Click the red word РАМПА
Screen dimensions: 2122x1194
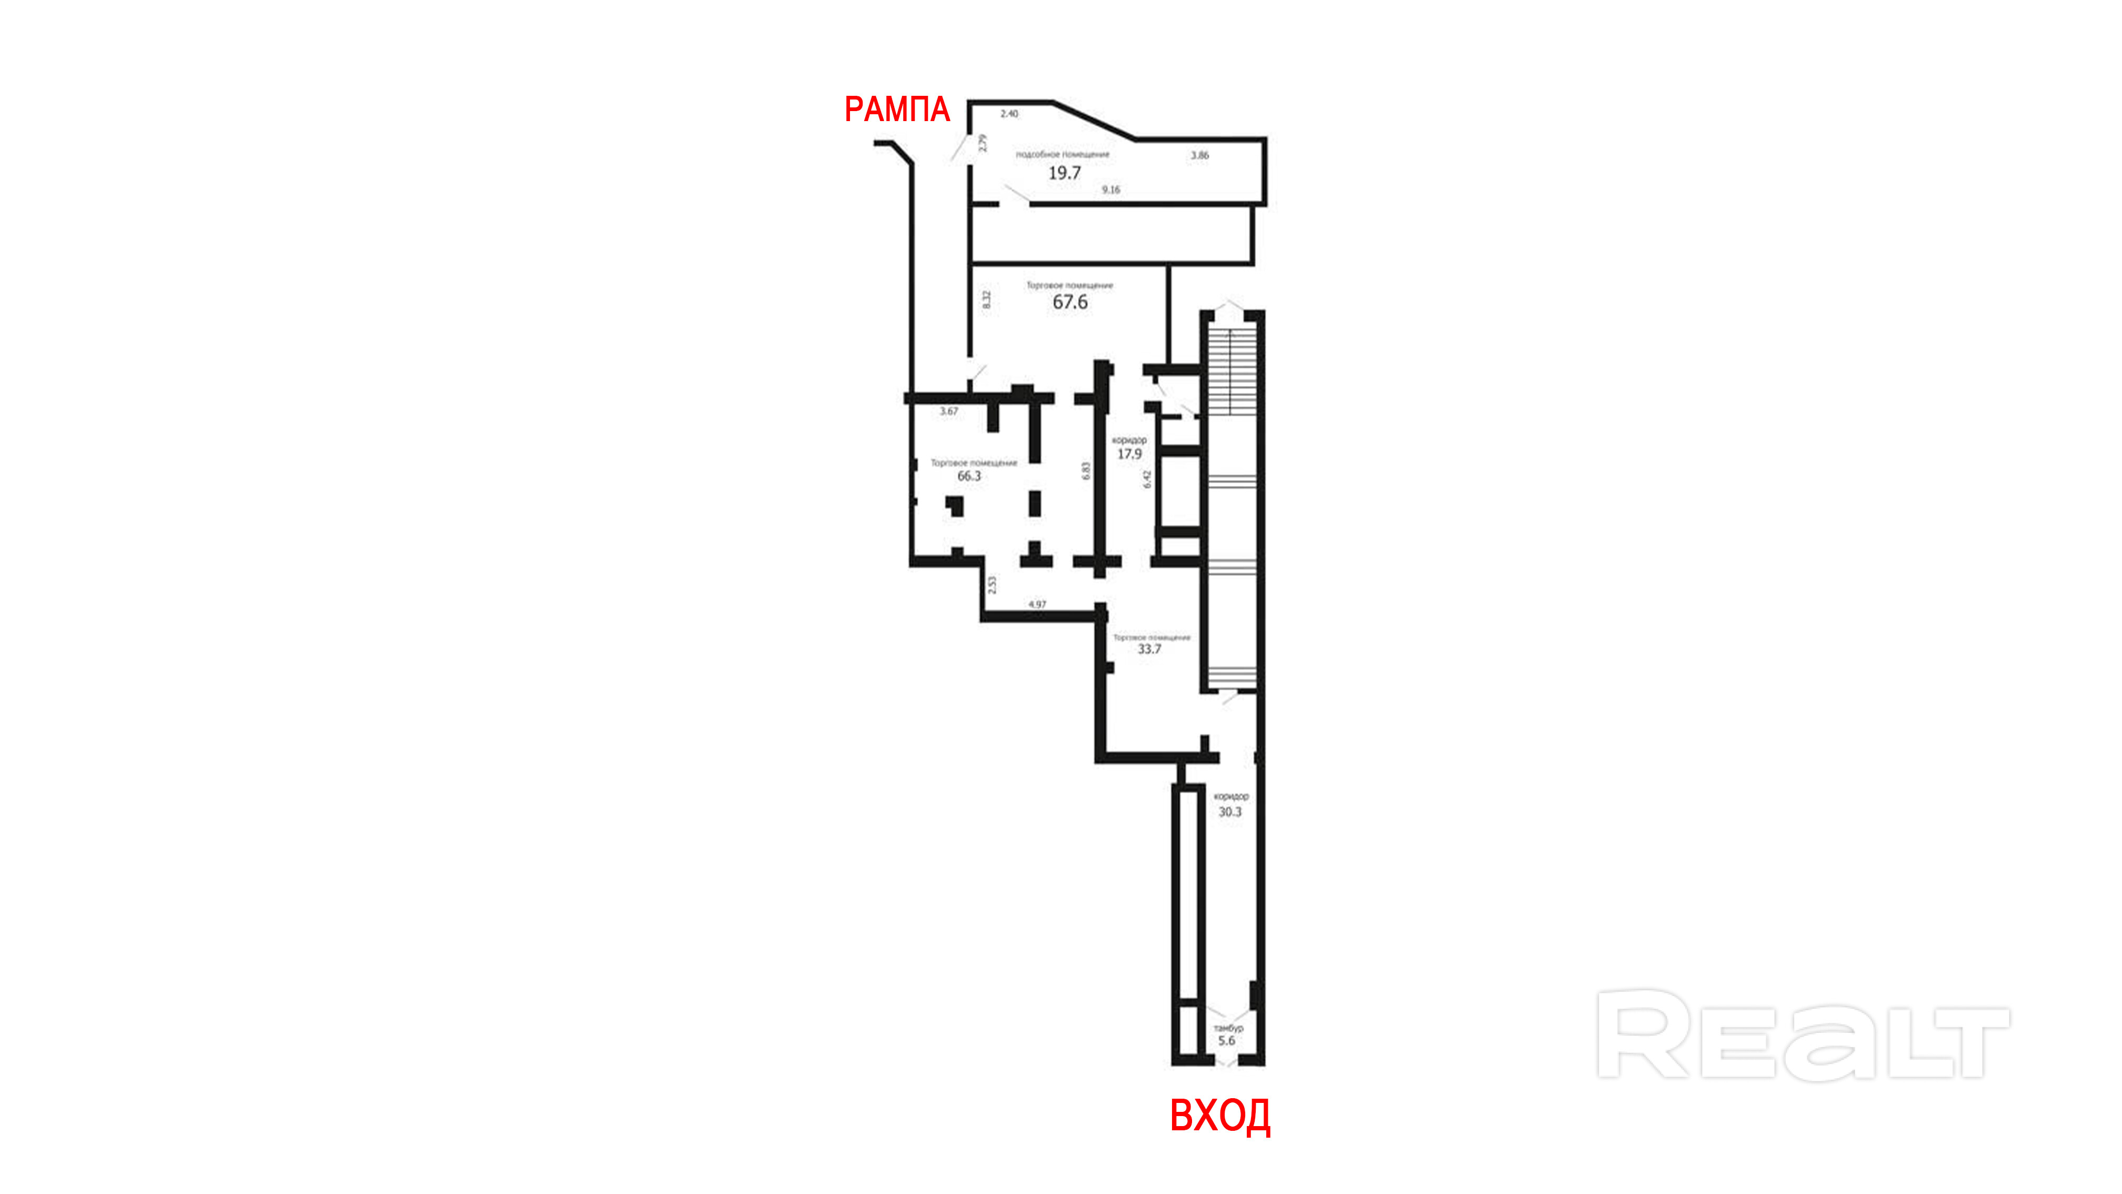click(x=897, y=110)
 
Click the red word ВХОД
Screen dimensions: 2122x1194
click(x=1220, y=1117)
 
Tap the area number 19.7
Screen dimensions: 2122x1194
click(x=1064, y=173)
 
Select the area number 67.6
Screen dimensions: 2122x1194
click(x=1070, y=302)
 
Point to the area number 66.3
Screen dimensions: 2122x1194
click(x=969, y=476)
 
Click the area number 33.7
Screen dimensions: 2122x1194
click(x=1149, y=649)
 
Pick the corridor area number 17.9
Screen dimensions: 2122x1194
click(x=1129, y=454)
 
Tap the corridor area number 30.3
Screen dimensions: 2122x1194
click(x=1230, y=812)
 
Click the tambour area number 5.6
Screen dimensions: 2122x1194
click(x=1227, y=1041)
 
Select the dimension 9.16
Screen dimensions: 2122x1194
click(x=1111, y=190)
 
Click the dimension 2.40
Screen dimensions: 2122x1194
click(x=1009, y=114)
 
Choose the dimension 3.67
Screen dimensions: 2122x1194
click(x=949, y=411)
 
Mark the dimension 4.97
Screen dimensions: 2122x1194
click(x=1037, y=604)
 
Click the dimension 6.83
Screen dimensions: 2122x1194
click(x=1086, y=471)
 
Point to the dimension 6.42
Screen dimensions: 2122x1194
click(x=1147, y=479)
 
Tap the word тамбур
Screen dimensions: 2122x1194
click(x=1228, y=1028)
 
